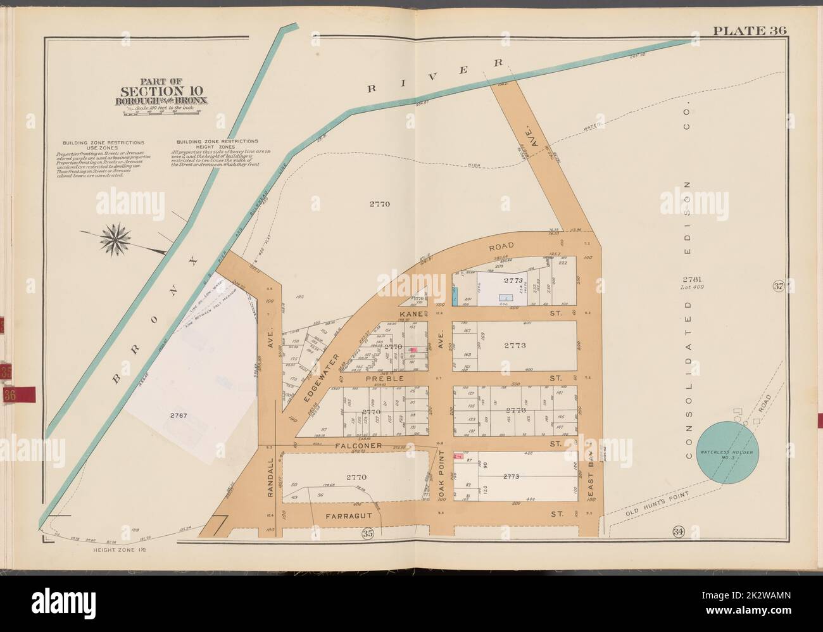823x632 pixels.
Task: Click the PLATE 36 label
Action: click(749, 30)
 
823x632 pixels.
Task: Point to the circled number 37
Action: click(778, 286)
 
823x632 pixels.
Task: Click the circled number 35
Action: click(367, 533)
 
